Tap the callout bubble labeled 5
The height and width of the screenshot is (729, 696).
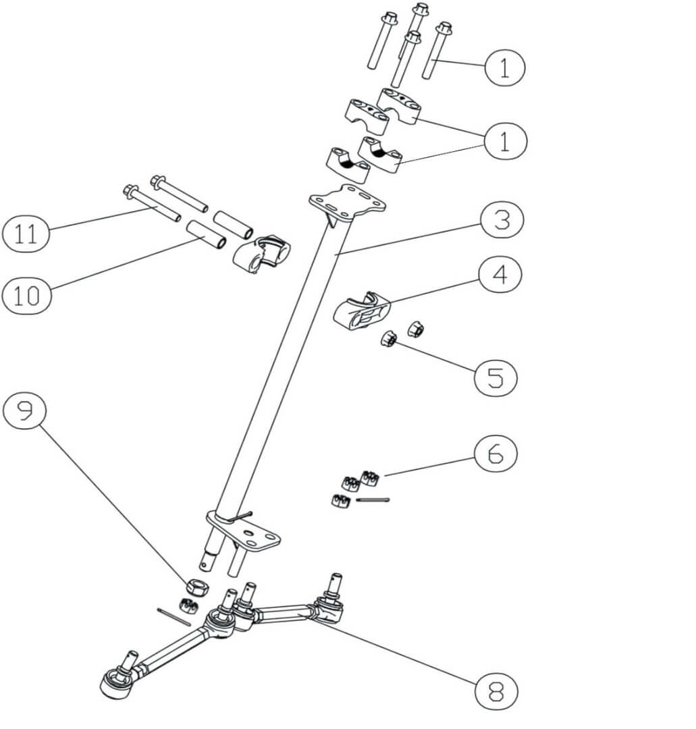[496, 377]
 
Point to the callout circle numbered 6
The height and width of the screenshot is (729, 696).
[496, 454]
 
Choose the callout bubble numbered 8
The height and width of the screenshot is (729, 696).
[496, 690]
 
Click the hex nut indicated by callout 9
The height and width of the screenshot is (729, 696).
[196, 586]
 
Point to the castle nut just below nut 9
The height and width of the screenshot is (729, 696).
[188, 605]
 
